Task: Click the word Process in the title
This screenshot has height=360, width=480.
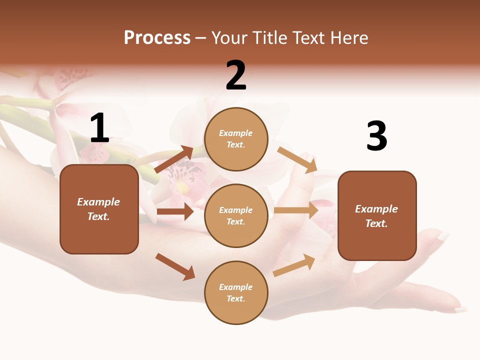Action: pos(157,38)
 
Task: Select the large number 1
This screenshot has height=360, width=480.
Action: pos(99,128)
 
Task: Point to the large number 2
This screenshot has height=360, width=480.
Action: pos(236,76)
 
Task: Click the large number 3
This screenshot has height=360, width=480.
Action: pos(376,136)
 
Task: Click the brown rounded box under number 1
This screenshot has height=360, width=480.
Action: pos(99,209)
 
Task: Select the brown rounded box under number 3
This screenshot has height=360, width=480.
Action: pos(377,215)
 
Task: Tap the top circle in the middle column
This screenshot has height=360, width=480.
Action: pos(236,139)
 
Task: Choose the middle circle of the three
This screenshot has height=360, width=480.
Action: pos(236,215)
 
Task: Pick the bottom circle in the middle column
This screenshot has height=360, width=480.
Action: pos(236,292)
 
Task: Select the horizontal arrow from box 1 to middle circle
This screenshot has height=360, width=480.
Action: pos(175,211)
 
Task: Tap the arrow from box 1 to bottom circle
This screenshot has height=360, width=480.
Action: pos(175,266)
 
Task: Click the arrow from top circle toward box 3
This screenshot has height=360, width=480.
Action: pos(297,159)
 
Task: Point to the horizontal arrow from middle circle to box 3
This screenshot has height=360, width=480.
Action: pos(296,210)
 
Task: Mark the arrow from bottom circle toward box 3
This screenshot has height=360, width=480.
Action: pos(294,265)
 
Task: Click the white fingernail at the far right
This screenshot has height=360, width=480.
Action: pos(443,236)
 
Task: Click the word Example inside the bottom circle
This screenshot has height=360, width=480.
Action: pos(235,287)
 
